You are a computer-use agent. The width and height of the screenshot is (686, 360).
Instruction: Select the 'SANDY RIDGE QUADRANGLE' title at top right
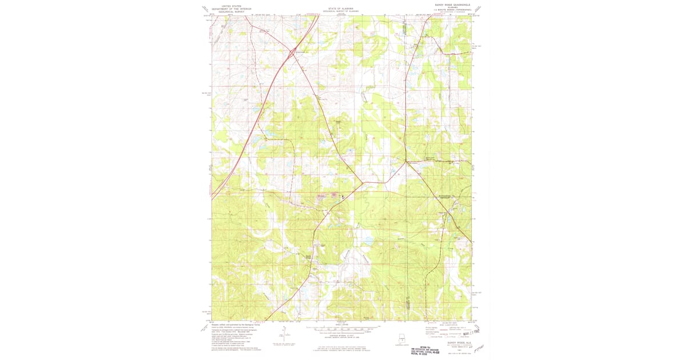[x=451, y=5]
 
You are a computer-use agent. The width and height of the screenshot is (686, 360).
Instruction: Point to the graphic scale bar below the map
[x=342, y=329]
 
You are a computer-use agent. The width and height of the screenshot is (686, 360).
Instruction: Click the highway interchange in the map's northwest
[x=291, y=51]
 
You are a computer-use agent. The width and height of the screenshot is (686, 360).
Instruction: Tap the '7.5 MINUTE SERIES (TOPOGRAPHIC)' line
[x=451, y=9]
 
